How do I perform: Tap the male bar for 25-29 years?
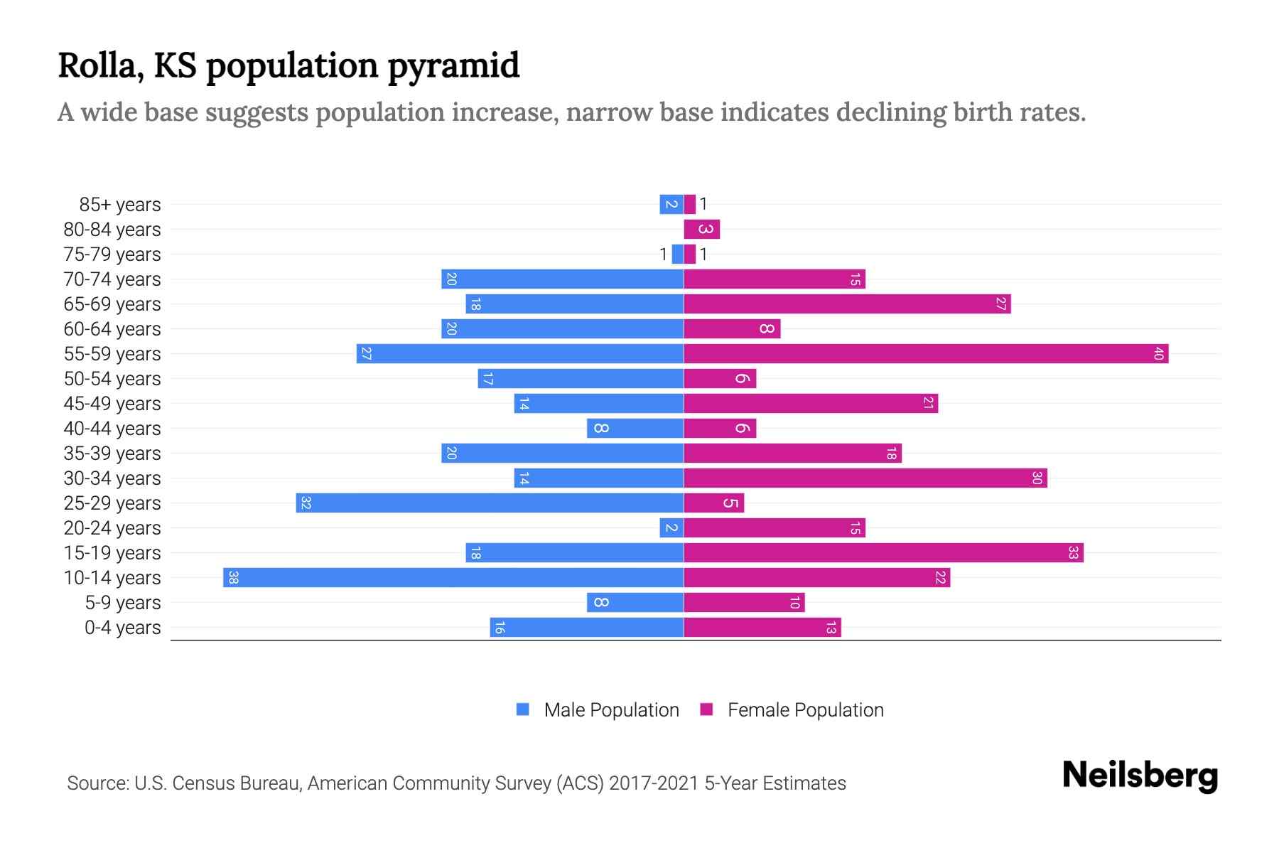490,503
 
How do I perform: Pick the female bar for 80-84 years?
701,229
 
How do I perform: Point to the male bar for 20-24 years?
671,527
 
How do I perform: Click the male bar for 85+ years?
671,204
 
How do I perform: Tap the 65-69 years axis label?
112,304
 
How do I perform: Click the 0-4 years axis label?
122,628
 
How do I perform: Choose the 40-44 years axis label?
112,429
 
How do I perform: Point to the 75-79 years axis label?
112,254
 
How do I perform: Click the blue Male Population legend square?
523,709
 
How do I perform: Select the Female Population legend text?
805,709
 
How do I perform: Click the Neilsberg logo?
1140,776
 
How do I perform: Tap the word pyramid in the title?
453,66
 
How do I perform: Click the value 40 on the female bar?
1158,353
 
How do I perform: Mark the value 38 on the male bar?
233,577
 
